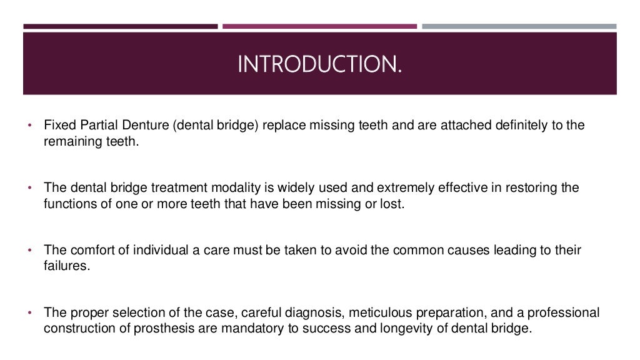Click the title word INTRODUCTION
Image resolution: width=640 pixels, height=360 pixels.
(319, 64)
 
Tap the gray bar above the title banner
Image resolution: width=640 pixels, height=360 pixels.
(519, 26)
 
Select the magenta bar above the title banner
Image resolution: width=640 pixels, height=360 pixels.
(319, 26)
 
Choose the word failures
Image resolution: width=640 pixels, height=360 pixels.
(67, 267)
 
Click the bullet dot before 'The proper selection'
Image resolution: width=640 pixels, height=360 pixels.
(30, 312)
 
